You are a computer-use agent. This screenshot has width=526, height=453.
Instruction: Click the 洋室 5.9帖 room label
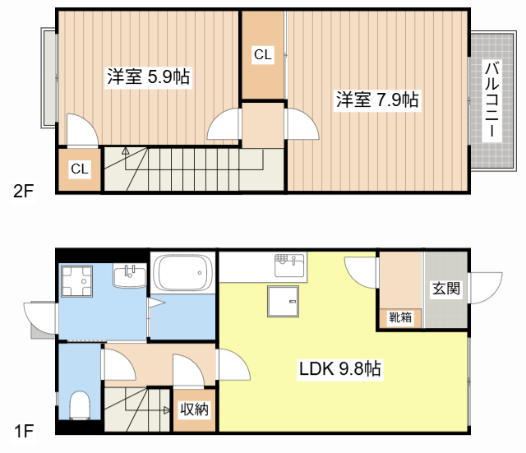click(149, 77)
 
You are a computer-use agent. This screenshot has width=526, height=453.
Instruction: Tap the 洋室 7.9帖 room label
click(377, 100)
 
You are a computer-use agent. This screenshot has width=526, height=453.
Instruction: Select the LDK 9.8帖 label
click(339, 369)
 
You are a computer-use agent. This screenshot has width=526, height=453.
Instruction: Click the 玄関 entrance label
click(445, 289)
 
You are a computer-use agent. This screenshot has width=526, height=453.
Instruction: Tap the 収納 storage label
click(194, 409)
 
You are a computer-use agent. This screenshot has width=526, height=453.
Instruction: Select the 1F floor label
click(22, 430)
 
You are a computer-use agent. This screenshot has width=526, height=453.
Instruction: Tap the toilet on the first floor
click(80, 404)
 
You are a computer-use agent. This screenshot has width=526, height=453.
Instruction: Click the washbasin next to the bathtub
click(128, 275)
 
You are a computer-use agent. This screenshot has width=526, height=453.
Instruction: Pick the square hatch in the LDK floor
click(284, 303)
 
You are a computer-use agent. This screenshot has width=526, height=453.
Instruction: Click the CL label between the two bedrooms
click(262, 56)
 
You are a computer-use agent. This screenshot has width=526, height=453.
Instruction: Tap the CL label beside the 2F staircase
click(79, 169)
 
